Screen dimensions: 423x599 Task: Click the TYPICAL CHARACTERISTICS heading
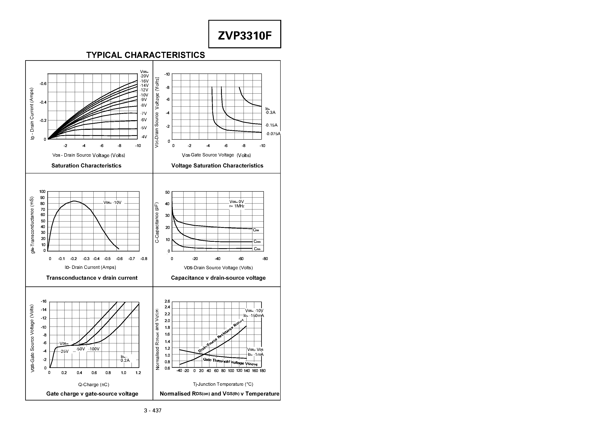click(146, 55)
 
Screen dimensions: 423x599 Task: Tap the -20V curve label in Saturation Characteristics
click(144, 76)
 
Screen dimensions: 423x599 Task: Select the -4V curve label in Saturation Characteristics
click(144, 137)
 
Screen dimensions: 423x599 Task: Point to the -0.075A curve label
click(273, 134)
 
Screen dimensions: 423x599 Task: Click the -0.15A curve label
click(271, 125)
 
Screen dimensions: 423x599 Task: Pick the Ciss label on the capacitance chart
click(256, 230)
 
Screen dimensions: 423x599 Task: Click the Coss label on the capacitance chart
click(257, 241)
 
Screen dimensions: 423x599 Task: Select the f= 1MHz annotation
click(237, 206)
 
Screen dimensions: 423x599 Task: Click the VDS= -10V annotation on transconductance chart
click(112, 202)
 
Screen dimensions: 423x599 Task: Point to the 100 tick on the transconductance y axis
click(42, 192)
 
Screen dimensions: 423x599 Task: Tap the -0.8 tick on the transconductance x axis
click(144, 259)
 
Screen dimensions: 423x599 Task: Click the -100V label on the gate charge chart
click(94, 349)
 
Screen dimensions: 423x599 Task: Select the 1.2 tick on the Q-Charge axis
click(138, 373)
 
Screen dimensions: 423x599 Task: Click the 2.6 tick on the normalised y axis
click(167, 301)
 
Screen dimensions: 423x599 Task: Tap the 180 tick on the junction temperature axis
click(262, 371)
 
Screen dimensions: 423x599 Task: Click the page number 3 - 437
click(153, 411)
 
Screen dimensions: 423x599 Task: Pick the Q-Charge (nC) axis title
click(94, 385)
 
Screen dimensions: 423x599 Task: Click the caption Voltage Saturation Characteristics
click(217, 166)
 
